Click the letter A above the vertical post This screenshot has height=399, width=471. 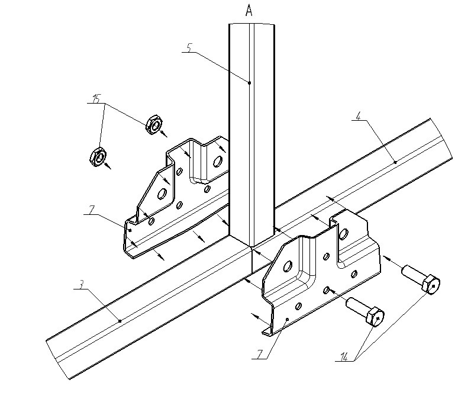pos(249,11)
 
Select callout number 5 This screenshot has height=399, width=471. pos(189,48)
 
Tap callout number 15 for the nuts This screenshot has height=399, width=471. pos(96,98)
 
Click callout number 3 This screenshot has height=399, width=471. pos(81,285)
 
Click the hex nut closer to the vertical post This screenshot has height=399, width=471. pos(154,124)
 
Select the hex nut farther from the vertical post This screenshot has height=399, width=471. pos(98,156)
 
